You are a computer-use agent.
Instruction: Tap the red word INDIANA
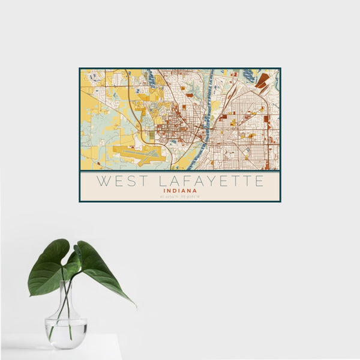click(180, 191)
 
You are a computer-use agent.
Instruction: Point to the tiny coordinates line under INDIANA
click(180, 196)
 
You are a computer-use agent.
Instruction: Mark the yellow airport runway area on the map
click(139, 154)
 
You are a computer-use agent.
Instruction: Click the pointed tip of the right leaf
click(134, 305)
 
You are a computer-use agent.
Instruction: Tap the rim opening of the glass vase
click(67, 282)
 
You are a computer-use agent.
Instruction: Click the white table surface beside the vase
click(102, 348)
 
